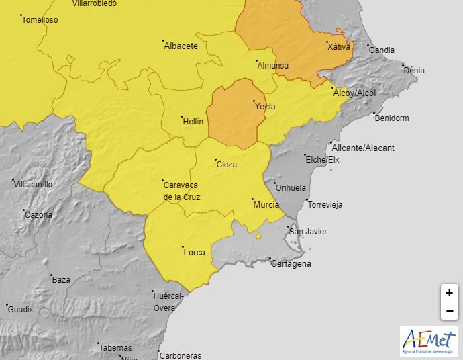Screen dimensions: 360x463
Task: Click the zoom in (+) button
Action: coord(449,293)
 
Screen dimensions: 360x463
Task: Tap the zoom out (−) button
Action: coord(449,311)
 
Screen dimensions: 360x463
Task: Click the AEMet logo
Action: coord(429,341)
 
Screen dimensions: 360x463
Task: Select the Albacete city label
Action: coord(181,46)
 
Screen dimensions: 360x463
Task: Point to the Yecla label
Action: coord(264,106)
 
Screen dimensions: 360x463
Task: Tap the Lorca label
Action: coord(195,252)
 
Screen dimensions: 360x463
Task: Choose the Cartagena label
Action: coord(291,264)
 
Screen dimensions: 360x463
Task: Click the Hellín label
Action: coord(193,122)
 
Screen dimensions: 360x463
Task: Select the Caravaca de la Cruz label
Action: coord(182,191)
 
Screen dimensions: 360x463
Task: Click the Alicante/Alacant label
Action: coord(363,148)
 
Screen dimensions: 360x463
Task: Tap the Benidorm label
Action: coord(391,118)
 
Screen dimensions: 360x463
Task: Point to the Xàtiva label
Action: coord(338,47)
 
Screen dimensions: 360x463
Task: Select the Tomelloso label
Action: coord(40,20)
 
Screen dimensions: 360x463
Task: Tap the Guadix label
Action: coord(20,309)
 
